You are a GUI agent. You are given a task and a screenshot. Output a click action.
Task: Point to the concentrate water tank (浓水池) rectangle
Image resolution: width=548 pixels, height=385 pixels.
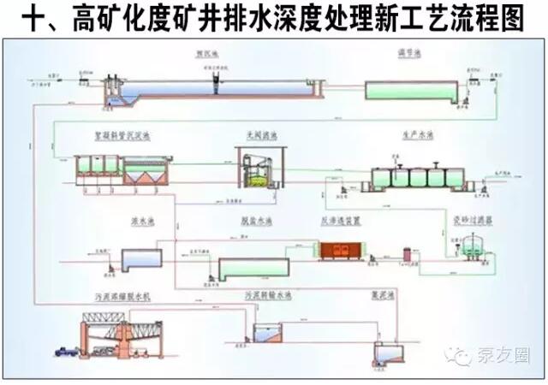(140, 258)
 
